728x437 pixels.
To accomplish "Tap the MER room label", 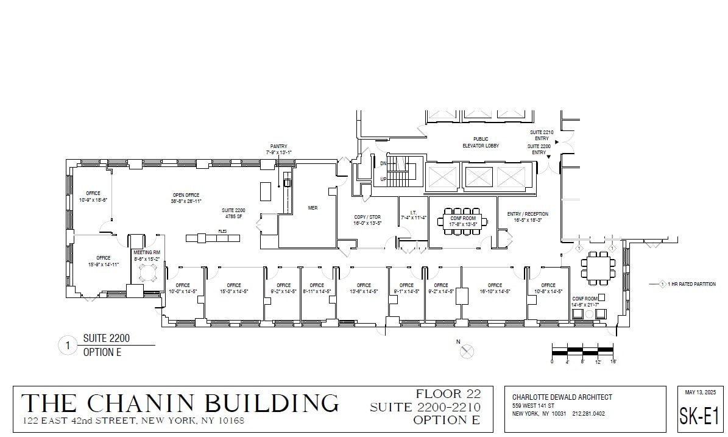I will pyautogui.click(x=313, y=208).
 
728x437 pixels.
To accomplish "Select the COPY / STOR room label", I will pyautogui.click(x=367, y=217).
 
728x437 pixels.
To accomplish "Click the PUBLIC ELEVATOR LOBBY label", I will pyautogui.click(x=481, y=143).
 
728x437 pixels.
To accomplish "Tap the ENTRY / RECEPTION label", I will pyautogui.click(x=528, y=214).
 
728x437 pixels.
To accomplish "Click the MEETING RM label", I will pyautogui.click(x=147, y=252).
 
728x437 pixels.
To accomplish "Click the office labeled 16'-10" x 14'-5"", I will pyautogui.click(x=495, y=285).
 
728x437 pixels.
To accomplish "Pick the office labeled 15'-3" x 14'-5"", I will pyautogui.click(x=234, y=285).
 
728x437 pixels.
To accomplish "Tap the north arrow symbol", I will pyautogui.click(x=467, y=352).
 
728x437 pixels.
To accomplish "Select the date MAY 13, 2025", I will pyautogui.click(x=699, y=392).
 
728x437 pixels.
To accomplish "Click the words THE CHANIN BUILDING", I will pyautogui.click(x=180, y=403).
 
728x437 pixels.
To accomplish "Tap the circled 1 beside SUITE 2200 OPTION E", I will pyautogui.click(x=67, y=346).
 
